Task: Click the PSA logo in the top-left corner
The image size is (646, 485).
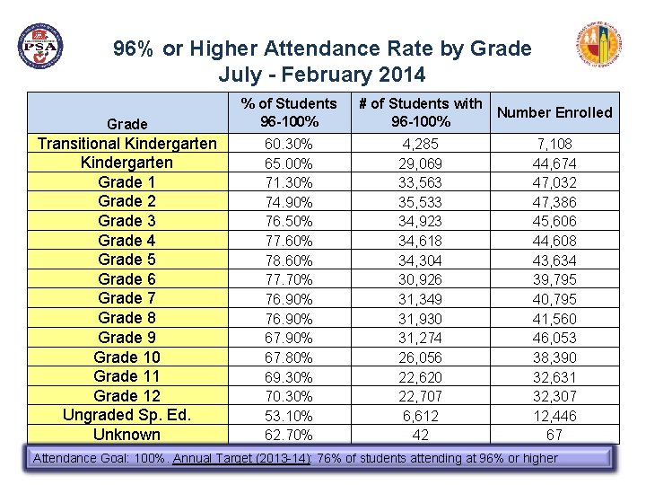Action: coord(40,46)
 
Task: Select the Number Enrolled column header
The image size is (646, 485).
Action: coord(554,112)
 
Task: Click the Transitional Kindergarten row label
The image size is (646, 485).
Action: coord(127,144)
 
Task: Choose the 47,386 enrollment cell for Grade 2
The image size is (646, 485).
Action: coord(554,202)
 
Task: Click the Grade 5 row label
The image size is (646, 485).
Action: coord(127,260)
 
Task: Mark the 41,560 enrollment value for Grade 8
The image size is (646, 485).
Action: coord(554,319)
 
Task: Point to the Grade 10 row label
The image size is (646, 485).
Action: coord(127,357)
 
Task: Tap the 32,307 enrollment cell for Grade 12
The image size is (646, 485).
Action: coord(554,396)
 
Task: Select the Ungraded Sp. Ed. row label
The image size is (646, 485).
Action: coord(127,415)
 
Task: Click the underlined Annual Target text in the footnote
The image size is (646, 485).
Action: coord(241,459)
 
